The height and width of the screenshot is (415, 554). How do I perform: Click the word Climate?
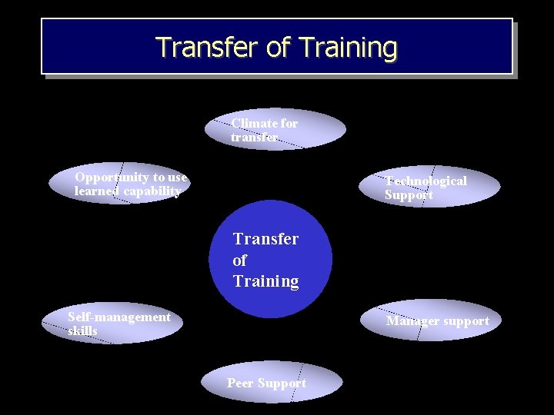tap(254, 123)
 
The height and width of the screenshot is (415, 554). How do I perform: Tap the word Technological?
tap(426, 181)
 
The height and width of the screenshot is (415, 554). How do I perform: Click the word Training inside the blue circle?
tap(265, 281)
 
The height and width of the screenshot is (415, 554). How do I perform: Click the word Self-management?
tap(119, 317)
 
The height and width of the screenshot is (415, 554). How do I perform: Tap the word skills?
tap(82, 330)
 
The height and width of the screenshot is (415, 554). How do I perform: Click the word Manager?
tap(412, 321)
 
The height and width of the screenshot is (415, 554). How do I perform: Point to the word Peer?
tap(240, 383)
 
